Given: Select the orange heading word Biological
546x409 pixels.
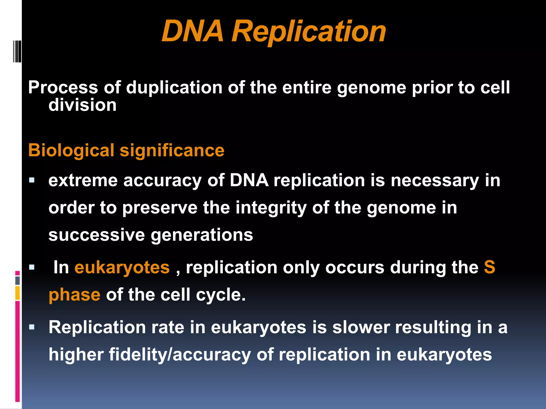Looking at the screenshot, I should (71, 150).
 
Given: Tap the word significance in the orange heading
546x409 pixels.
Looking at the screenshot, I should (172, 150).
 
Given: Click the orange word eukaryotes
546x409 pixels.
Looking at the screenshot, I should (122, 267).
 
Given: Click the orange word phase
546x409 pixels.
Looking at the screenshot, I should (74, 295).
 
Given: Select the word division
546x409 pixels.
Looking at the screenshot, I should (82, 105).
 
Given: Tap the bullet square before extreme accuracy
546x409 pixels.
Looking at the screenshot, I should (32, 180).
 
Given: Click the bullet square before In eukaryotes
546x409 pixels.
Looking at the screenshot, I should (32, 267).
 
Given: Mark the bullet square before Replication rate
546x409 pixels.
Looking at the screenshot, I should (32, 327).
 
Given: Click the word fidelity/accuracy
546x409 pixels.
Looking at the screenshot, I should (180, 355).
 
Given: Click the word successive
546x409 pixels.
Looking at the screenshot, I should (97, 235).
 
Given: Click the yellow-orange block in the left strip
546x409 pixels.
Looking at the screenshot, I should (18, 293).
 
